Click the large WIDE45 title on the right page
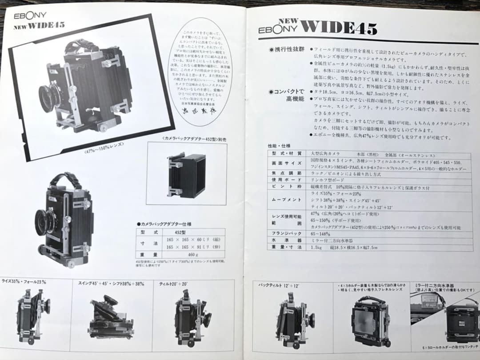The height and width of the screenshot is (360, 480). [339, 28]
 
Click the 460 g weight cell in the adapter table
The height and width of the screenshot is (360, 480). [193, 255]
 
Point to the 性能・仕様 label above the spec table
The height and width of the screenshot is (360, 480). [279, 145]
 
